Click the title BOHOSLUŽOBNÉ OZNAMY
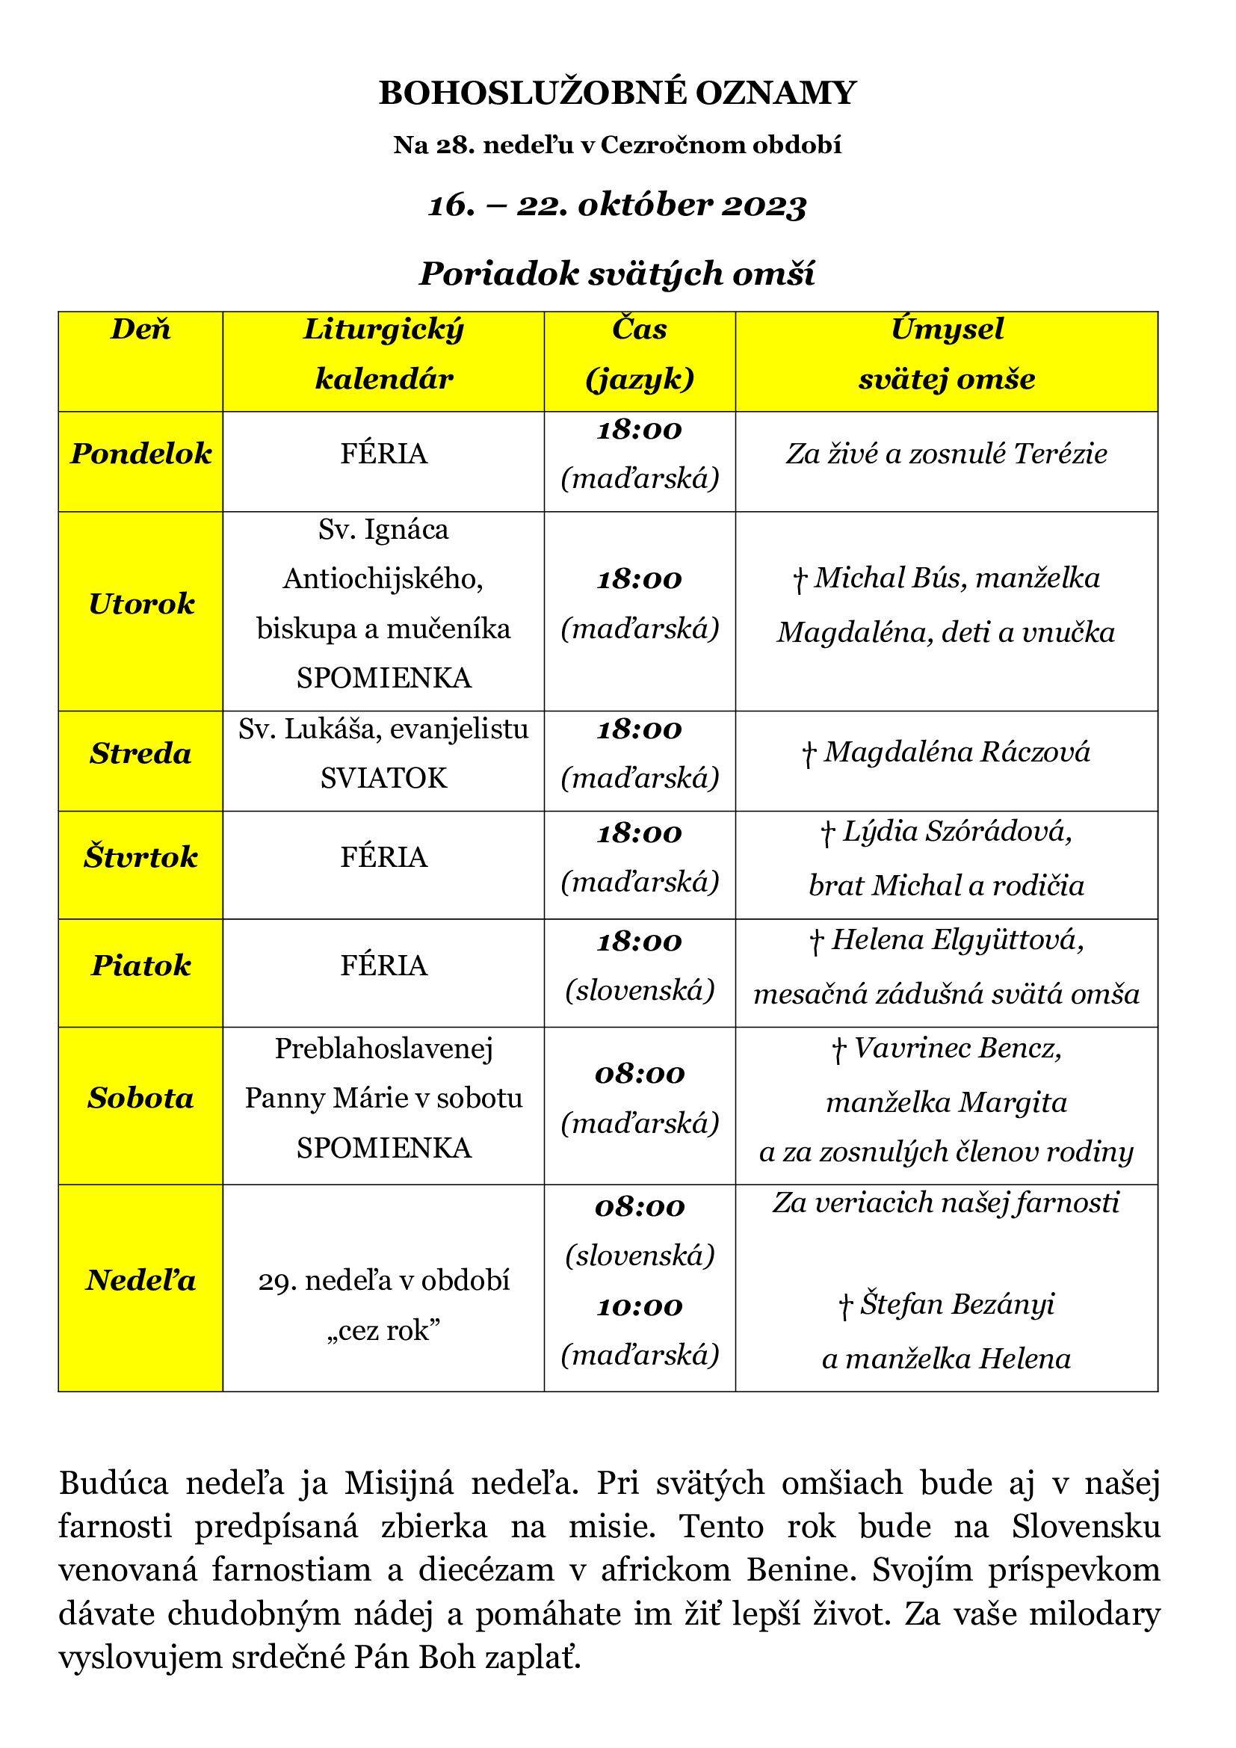[617, 93]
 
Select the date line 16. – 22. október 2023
[617, 205]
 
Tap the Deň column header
[140, 329]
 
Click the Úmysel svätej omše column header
[946, 354]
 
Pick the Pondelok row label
[140, 454]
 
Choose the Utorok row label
[140, 604]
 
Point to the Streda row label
[140, 754]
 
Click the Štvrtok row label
[140, 857]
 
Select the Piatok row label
[140, 966]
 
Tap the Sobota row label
[140, 1098]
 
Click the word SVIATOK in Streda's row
[383, 778]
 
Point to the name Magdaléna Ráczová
[956, 753]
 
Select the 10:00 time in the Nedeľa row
[640, 1306]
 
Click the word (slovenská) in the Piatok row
[640, 989]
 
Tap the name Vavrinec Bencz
[957, 1049]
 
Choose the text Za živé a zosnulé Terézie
[946, 454]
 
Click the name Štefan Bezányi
[957, 1304]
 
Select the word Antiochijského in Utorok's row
[383, 579]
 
